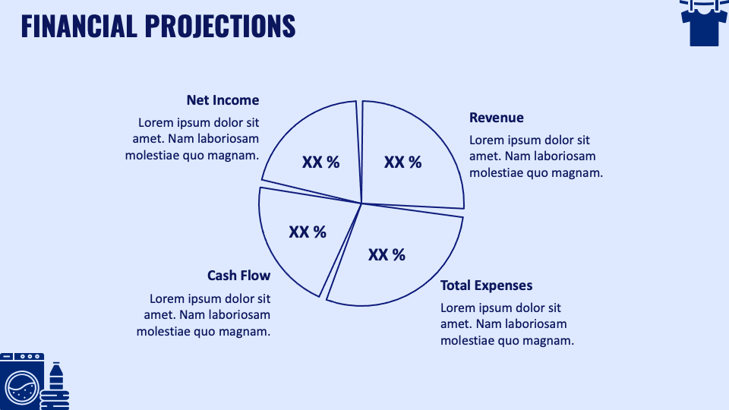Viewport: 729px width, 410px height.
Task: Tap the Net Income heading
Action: tap(222, 100)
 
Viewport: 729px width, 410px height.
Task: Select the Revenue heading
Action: tap(497, 118)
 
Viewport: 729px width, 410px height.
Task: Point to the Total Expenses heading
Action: tap(487, 285)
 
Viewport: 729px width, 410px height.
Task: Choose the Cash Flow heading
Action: tap(238, 276)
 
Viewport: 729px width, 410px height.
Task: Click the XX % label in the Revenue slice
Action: tap(402, 162)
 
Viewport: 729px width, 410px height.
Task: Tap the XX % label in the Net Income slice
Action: tap(320, 162)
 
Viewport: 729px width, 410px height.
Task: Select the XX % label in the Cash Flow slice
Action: tap(308, 232)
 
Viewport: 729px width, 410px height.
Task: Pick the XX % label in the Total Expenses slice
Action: tap(387, 254)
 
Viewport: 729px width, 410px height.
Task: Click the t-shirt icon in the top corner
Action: tap(703, 22)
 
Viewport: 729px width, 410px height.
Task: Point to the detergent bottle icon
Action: tap(56, 386)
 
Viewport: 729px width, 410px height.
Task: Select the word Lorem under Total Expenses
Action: tap(457, 308)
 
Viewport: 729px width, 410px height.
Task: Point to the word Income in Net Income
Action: tap(235, 100)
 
